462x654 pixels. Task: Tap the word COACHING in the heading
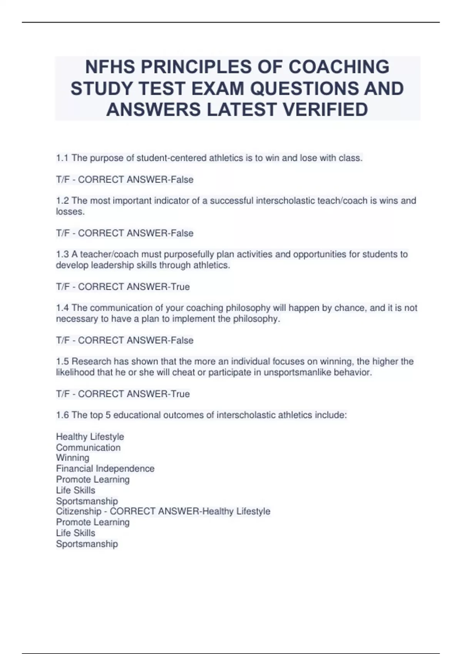(339, 67)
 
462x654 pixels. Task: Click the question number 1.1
(62, 158)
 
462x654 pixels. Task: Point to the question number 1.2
(62, 201)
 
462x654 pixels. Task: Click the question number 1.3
(62, 254)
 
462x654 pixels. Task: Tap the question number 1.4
(62, 308)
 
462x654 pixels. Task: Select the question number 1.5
(62, 361)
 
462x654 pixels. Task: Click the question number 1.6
(62, 415)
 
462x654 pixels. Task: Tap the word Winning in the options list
(72, 458)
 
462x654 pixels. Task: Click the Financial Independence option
(105, 469)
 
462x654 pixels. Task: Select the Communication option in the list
(88, 447)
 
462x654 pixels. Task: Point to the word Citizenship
(79, 511)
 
